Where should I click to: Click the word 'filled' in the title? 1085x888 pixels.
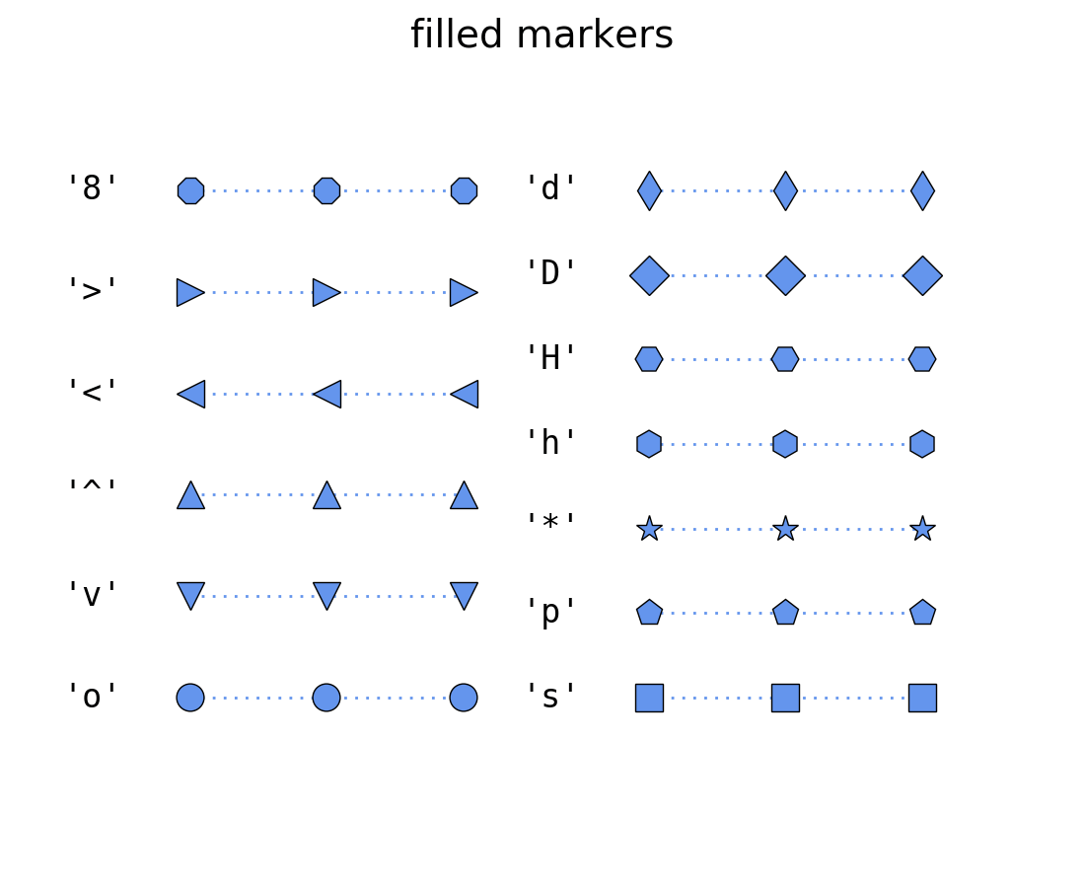point(456,36)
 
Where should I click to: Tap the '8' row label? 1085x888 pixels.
point(93,188)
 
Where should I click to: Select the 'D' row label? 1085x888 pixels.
point(551,273)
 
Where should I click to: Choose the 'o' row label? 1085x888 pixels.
point(93,697)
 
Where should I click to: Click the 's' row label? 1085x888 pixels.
point(551,697)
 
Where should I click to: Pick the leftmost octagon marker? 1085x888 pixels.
point(190,190)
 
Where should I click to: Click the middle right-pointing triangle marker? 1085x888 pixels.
point(326,292)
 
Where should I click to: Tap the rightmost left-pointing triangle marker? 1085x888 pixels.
point(465,394)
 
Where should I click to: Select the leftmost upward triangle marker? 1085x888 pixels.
point(190,495)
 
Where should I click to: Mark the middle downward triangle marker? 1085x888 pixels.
point(326,595)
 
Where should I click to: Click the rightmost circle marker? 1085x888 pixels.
point(464,698)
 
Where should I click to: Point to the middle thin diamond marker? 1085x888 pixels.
point(785,190)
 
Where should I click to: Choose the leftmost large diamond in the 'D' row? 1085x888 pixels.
point(649,275)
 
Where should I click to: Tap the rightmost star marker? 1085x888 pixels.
point(922,529)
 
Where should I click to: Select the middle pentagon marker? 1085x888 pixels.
point(785,613)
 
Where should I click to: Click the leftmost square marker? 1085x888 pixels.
point(649,698)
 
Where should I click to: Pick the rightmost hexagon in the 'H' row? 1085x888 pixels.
point(922,359)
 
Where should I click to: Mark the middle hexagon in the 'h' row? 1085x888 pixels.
point(785,444)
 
